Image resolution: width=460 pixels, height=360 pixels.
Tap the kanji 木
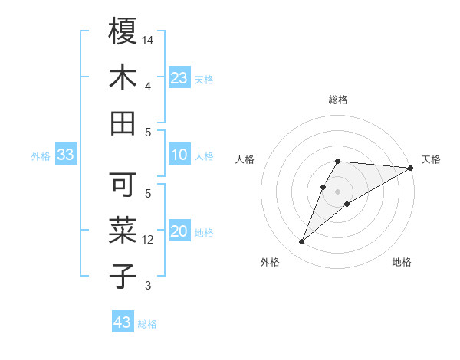(123, 77)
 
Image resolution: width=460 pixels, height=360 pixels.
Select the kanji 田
(123, 123)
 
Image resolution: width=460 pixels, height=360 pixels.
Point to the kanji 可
(123, 185)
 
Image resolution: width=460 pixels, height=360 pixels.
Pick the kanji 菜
(123, 231)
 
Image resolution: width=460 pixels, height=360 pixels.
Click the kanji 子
(123, 276)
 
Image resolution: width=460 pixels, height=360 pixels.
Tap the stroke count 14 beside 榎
(149, 38)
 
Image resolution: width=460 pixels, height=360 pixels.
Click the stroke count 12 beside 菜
(149, 240)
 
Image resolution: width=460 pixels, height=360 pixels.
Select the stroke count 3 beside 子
(148, 286)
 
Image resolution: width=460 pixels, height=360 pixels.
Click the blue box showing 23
(179, 78)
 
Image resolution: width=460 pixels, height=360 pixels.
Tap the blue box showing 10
(179, 155)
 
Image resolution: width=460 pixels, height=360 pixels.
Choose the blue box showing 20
(179, 232)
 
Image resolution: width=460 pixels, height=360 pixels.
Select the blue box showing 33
(65, 155)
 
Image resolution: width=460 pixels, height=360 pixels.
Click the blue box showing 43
(123, 322)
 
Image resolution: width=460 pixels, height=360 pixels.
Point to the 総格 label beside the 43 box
(147, 324)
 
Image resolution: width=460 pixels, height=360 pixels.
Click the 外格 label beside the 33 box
(41, 156)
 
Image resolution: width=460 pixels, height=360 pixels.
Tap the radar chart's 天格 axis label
(431, 159)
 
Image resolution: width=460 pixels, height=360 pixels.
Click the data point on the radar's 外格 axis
(301, 242)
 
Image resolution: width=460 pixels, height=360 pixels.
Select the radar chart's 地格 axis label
(402, 262)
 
